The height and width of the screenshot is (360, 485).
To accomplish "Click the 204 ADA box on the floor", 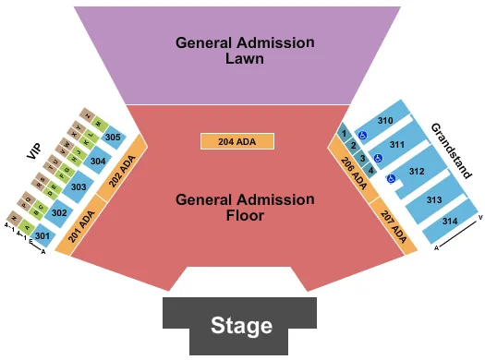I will [237, 141].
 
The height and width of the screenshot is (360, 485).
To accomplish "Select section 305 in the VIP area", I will [114, 138].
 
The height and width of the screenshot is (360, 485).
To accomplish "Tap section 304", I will [97, 162].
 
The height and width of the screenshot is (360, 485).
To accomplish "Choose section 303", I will [79, 188].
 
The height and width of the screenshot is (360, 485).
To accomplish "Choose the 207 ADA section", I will [390, 224].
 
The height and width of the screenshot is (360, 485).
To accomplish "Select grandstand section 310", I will [384, 121].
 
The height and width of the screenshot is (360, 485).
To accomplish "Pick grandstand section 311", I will [398, 145].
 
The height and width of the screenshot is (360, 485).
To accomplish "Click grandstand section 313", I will [434, 199].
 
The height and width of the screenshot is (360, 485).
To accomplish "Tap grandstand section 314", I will [449, 222].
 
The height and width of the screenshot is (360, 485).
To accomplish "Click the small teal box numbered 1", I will [344, 133].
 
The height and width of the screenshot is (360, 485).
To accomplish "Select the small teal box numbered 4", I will [371, 171].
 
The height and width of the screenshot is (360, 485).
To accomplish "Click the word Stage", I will [241, 325].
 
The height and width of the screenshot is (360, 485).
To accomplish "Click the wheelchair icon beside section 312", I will [392, 180].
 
